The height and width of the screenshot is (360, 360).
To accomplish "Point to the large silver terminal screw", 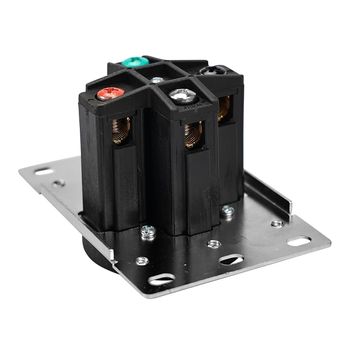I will [182, 94].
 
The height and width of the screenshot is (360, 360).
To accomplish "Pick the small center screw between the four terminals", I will [157, 80].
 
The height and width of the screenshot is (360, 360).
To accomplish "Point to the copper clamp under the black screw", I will [224, 108].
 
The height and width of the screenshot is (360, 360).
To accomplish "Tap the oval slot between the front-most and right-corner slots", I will [231, 260].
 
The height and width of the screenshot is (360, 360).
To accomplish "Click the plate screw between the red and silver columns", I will [148, 231].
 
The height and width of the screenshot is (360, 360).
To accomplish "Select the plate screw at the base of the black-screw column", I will [227, 210].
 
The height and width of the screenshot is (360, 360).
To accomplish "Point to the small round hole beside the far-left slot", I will [58, 183].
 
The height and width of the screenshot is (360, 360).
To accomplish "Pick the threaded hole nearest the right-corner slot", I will [277, 223].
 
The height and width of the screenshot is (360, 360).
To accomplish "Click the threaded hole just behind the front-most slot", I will [142, 260].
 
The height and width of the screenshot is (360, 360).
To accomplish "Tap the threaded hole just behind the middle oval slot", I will [214, 243].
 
